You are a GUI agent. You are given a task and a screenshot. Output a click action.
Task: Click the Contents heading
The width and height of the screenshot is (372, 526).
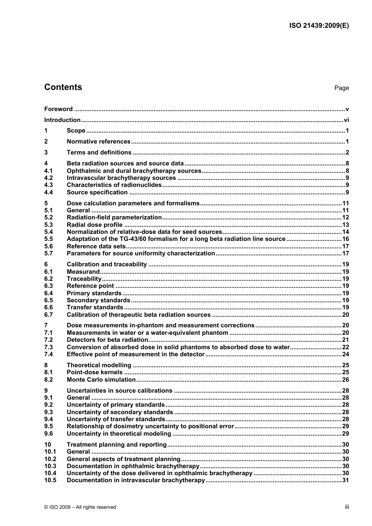coord(63,87)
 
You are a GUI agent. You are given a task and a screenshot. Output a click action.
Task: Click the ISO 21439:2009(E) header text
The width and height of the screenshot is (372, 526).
coord(319,26)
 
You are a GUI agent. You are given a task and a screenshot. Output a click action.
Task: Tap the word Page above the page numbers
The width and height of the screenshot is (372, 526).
coord(341,88)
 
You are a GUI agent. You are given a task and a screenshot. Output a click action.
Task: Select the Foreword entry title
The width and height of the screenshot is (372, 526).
coord(58,109)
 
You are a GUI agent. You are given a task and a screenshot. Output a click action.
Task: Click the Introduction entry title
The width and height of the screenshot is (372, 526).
coord(62,120)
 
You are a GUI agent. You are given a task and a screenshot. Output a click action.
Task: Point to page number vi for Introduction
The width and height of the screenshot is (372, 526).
coord(346,120)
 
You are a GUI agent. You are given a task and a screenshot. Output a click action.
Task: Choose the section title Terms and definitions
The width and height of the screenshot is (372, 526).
coord(99,153)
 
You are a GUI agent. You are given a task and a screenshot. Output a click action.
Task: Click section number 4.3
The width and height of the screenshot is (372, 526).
coord(49,185)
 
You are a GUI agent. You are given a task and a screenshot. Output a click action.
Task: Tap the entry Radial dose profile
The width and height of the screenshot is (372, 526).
coord(95,225)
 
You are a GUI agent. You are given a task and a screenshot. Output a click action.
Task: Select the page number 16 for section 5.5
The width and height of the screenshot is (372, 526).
coord(345,239)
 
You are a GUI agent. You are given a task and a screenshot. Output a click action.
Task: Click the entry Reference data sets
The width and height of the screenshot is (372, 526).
coord(96,246)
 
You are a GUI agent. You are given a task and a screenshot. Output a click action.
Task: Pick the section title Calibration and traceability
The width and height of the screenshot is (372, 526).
coord(107,264)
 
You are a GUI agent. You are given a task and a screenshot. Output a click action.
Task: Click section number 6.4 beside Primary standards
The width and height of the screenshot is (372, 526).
coord(49,293)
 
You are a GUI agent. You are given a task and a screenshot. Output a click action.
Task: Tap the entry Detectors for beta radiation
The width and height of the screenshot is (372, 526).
coord(107,340)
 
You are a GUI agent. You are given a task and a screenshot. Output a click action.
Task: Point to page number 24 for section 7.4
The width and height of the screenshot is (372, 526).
coord(345,354)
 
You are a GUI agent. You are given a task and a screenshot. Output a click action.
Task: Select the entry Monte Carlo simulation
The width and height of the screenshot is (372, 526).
coord(101,380)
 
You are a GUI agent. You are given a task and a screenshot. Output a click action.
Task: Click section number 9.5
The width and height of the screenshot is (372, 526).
coord(49,426)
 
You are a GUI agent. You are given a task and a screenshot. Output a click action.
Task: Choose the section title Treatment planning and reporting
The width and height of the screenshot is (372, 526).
coord(117,445)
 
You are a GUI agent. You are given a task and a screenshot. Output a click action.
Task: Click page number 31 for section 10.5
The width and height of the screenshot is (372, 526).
coord(345,480)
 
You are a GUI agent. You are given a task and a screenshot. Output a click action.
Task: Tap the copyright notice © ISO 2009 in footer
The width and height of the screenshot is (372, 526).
coord(80,507)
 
